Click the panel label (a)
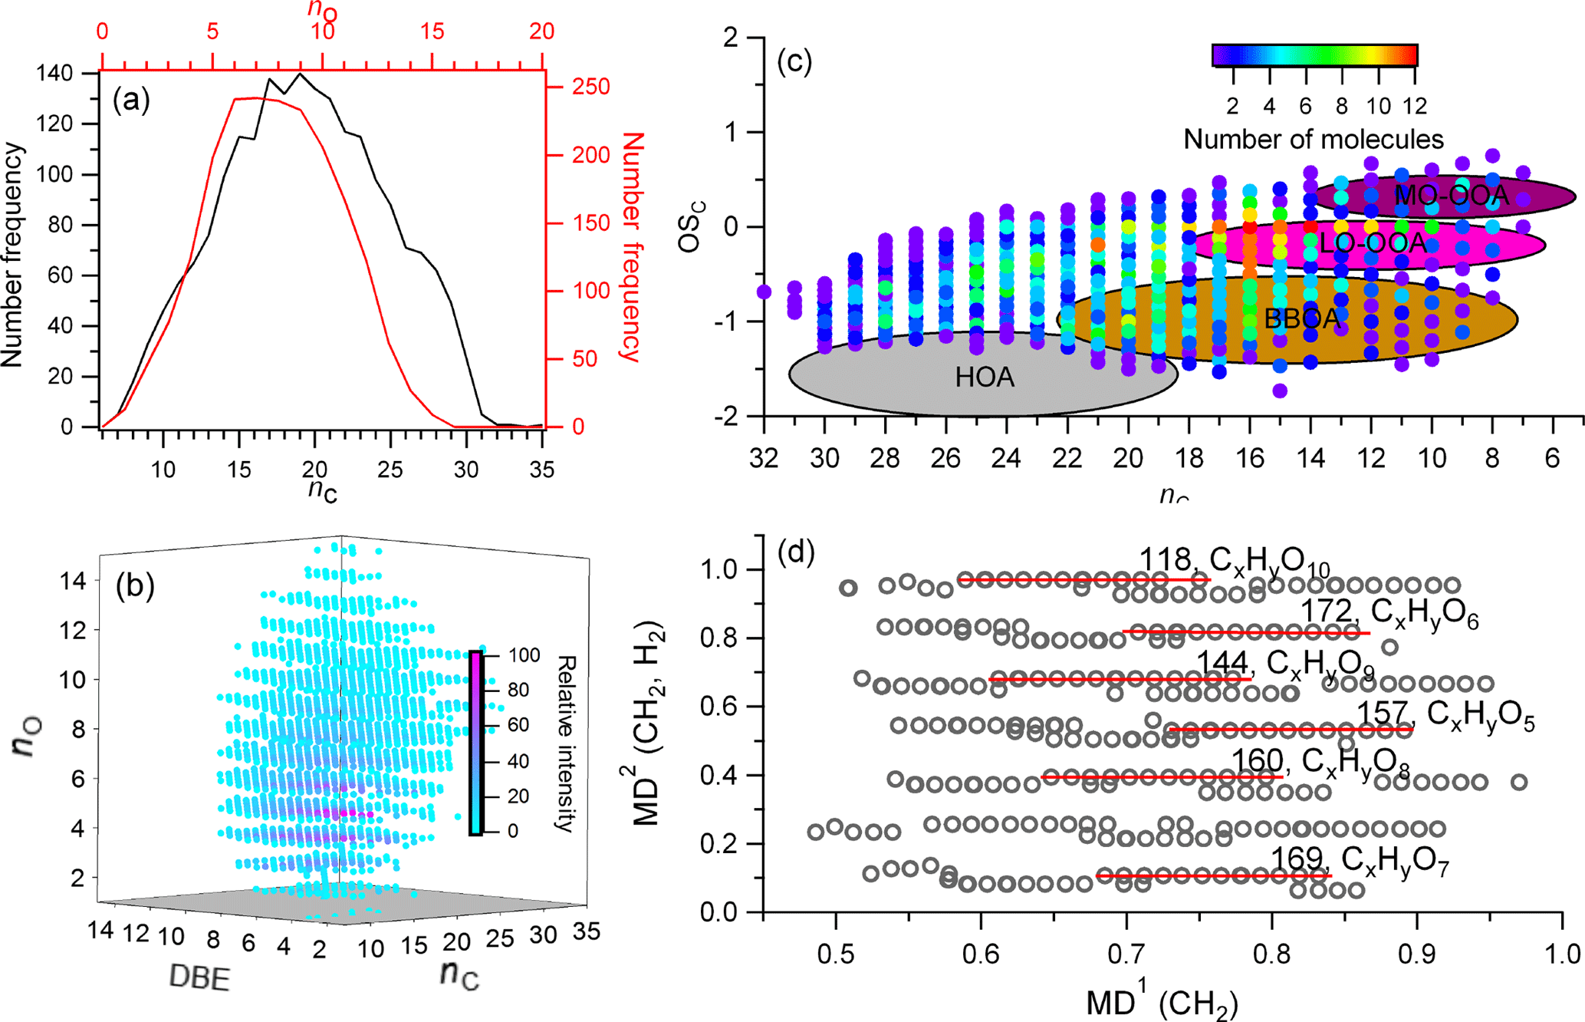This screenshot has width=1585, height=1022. tap(131, 101)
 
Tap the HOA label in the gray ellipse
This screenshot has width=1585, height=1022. tap(985, 377)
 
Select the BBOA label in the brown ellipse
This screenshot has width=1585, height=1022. tap(1301, 318)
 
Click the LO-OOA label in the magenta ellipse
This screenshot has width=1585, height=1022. tap(1372, 244)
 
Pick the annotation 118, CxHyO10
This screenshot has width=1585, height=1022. tap(1234, 562)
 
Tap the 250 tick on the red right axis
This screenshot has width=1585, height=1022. tap(590, 86)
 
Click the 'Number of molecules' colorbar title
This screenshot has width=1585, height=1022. tap(1314, 139)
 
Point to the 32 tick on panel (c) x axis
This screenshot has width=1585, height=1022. tap(764, 458)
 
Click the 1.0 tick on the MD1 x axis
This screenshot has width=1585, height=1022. tap(1562, 953)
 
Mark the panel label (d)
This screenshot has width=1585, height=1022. tap(796, 552)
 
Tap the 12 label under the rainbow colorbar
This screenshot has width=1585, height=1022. tap(1414, 105)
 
